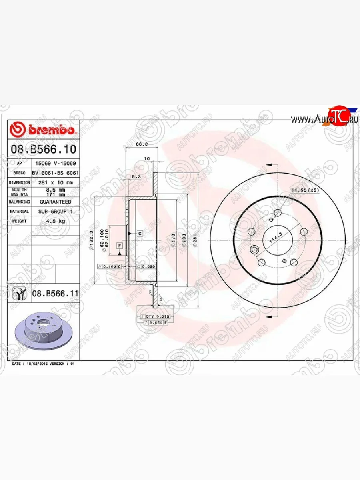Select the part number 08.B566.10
click(x=43, y=150)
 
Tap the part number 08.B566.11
click(x=55, y=294)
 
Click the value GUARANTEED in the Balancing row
click(x=55, y=202)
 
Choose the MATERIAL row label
click(x=19, y=211)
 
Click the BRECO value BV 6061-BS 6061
click(x=55, y=173)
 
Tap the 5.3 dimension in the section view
click(x=136, y=176)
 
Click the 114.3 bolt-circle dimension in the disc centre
click(x=274, y=240)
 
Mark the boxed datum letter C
click(x=140, y=233)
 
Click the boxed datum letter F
click(x=119, y=245)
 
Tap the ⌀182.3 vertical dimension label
click(x=91, y=240)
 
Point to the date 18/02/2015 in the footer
click(x=36, y=364)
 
